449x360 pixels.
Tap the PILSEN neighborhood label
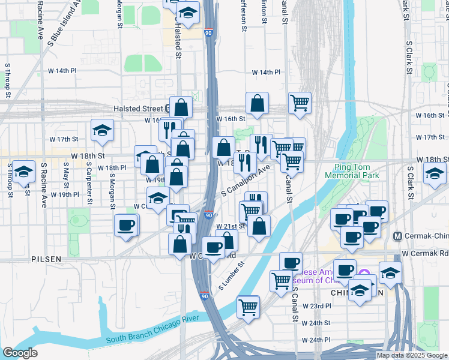(46, 259)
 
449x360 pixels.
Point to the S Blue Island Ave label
(65, 20)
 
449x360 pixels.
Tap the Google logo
(20, 353)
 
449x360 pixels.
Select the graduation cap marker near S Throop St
(23, 172)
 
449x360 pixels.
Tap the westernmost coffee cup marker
(126, 225)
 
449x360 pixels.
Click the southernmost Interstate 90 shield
(205, 295)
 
